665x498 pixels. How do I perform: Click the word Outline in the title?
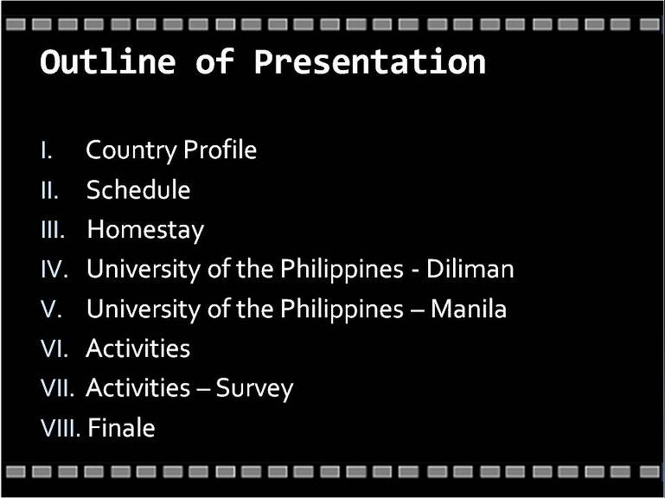(108, 62)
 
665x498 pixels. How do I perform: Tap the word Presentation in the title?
(370, 62)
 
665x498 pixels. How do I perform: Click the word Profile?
(221, 150)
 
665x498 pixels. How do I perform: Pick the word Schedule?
(138, 189)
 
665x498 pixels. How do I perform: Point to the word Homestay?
(145, 230)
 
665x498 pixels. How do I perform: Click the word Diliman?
(470, 269)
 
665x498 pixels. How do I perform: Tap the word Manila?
(469, 309)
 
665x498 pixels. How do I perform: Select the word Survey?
(254, 388)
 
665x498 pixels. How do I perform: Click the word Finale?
(122, 428)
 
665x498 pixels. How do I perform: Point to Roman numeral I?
(47, 150)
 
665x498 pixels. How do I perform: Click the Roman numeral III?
(53, 229)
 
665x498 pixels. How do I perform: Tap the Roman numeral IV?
(54, 269)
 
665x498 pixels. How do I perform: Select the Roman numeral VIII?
(61, 428)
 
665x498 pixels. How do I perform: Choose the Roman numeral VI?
(54, 348)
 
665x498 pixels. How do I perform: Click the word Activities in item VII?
(137, 387)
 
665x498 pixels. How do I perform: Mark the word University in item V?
(144, 310)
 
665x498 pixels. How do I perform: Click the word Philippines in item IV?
(342, 270)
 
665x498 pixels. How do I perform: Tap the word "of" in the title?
(214, 62)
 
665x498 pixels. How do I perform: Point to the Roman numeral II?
(49, 190)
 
